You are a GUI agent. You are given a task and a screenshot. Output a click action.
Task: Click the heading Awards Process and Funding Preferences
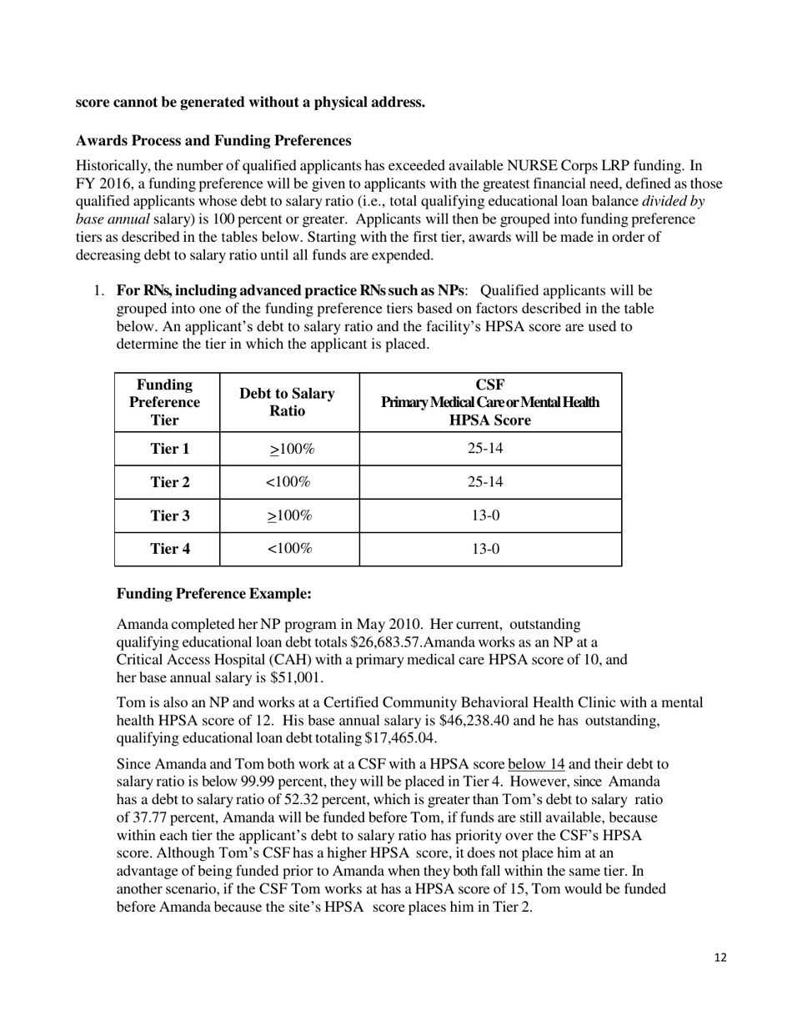point(213,140)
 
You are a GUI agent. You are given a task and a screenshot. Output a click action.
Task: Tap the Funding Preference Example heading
point(213,594)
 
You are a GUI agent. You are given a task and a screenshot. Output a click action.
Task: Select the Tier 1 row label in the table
point(169,449)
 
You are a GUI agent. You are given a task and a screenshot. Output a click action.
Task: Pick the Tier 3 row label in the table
point(169,516)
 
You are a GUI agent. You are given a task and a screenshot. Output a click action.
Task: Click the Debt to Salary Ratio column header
point(287,402)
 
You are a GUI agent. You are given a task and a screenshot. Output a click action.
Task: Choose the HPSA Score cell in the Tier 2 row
point(489,482)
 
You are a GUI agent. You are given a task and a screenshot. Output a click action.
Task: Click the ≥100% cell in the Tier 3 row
point(289,516)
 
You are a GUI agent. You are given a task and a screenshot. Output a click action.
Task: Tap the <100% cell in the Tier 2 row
point(288,482)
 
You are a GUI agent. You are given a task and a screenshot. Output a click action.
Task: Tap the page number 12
point(720,958)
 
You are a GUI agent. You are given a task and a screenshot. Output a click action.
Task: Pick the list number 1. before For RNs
point(99,291)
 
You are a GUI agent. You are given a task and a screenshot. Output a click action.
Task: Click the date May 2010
point(386,625)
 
